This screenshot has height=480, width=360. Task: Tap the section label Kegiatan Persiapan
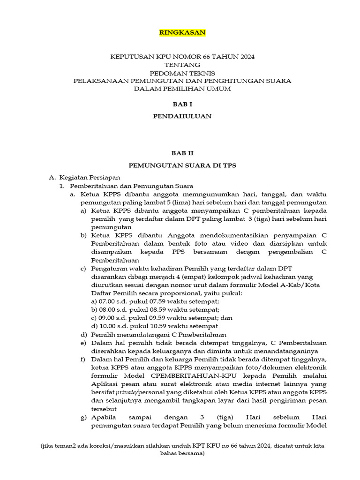point(90,178)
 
